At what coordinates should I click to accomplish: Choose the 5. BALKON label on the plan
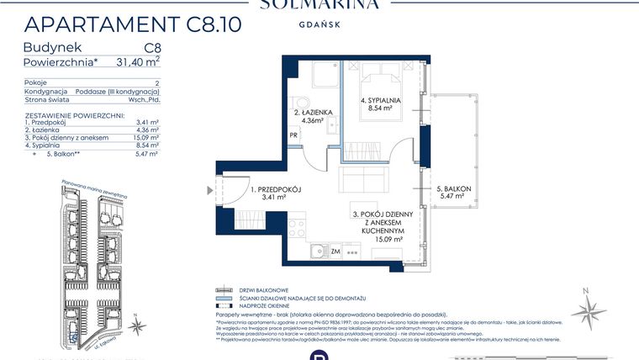click(x=454, y=192)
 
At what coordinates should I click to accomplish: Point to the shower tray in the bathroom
click(x=319, y=77)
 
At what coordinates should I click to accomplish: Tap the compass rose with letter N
click(x=589, y=308)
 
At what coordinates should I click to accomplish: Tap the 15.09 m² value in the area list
click(x=148, y=136)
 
